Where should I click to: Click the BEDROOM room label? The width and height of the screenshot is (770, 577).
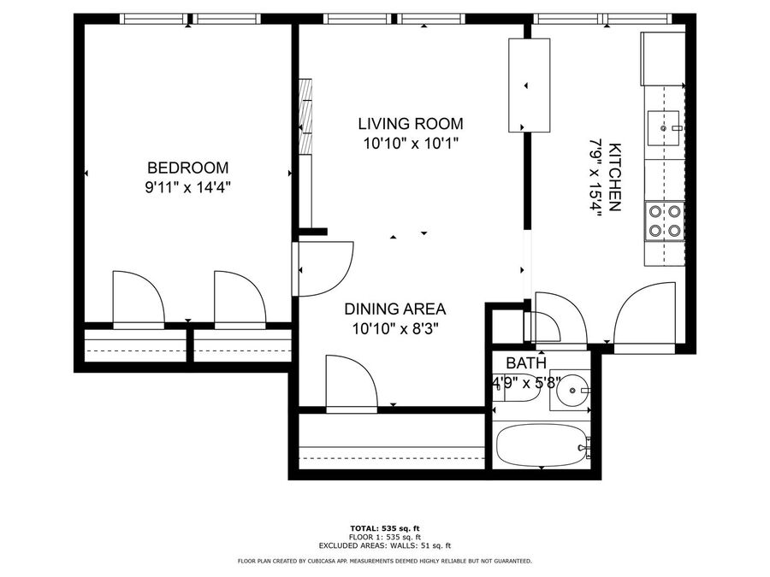tap(188, 168)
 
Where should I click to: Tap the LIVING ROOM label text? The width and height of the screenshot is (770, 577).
tap(411, 124)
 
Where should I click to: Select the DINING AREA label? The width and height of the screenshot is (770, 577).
tap(394, 309)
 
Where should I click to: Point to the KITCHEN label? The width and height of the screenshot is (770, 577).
tap(614, 177)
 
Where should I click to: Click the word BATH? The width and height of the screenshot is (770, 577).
tap(526, 363)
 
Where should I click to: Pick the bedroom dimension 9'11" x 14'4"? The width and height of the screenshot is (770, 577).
tap(188, 187)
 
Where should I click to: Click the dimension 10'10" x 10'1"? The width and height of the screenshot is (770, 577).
tap(411, 144)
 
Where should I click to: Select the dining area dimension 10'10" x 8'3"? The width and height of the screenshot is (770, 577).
tap(394, 329)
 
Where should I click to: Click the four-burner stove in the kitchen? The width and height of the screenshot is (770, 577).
tap(665, 221)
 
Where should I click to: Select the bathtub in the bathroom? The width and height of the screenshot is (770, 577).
tap(542, 445)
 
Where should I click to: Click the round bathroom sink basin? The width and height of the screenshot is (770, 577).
tap(573, 390)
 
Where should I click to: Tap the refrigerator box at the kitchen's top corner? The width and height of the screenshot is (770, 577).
tap(662, 58)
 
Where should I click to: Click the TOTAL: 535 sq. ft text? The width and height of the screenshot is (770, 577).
tap(385, 528)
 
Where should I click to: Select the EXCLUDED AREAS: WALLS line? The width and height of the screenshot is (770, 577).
tap(385, 545)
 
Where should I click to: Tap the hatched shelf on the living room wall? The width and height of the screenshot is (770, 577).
tap(306, 116)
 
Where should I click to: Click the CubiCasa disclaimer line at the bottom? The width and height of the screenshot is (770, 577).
tap(385, 561)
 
